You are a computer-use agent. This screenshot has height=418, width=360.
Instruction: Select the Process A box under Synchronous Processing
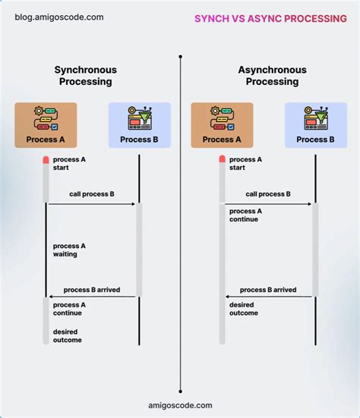coord(46,124)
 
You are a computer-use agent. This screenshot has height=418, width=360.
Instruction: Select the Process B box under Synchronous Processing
coord(140,124)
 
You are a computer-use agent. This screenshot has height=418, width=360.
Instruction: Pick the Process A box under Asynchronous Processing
coord(222,124)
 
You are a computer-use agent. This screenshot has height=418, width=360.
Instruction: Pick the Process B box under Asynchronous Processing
coord(315,124)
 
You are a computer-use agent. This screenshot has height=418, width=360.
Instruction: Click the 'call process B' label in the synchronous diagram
coord(92,194)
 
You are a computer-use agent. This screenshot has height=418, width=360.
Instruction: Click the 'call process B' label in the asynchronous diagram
coord(268,194)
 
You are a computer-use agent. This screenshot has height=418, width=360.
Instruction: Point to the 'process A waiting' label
coord(69,250)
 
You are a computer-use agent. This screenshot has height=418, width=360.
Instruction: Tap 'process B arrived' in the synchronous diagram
coord(92,290)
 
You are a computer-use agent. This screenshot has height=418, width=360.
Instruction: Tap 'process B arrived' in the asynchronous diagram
coord(268,290)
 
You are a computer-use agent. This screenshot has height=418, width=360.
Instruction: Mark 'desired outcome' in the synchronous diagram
coord(68,336)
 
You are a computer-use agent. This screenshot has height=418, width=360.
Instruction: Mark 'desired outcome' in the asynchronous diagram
coord(244,309)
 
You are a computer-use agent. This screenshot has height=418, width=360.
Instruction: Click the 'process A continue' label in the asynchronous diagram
coord(245,215)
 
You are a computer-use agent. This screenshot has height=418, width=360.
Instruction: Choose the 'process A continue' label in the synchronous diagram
coord(69,309)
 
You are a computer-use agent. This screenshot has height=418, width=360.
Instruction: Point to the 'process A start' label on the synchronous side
coord(69,164)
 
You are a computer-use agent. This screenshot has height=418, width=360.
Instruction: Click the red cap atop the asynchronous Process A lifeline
coord(222,159)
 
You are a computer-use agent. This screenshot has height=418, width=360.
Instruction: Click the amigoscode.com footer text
coord(181,406)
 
